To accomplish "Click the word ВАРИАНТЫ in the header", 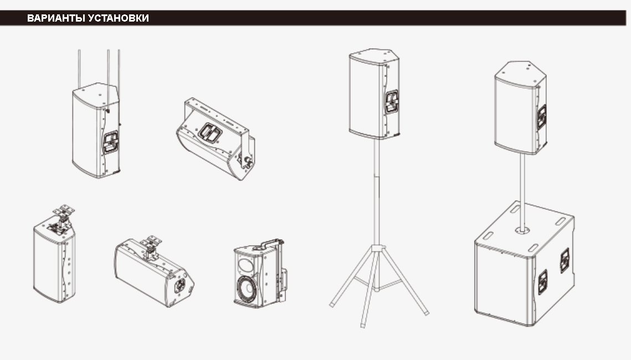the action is pos(57,18).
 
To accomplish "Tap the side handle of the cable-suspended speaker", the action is pos(111,142).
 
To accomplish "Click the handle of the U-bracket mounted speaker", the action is pos(209,132).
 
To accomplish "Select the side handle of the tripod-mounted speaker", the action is pos(392,102).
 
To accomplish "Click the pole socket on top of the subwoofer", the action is pos(522,230).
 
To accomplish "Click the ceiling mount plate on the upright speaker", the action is pos(64,210).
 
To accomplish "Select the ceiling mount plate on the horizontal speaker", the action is pos(151,241).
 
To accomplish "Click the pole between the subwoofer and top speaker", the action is pos(522,192).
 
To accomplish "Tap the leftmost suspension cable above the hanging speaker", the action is pos(79,68).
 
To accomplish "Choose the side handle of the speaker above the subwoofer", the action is pos(541,117).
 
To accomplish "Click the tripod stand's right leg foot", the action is pos(426,312).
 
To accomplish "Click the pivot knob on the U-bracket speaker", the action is pos(247,161).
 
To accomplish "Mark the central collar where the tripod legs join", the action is pos(377,248).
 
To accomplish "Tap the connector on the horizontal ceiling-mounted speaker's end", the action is pos(180,285).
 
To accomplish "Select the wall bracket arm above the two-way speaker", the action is pos(271,243).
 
